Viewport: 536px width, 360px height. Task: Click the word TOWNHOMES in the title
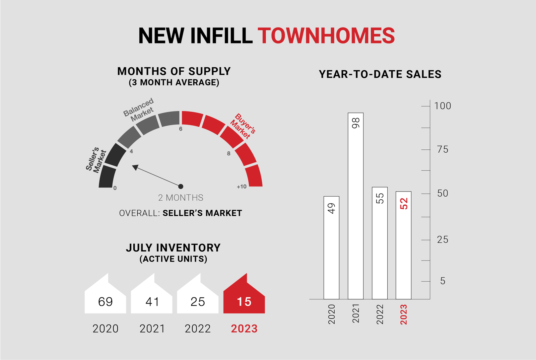click(326, 35)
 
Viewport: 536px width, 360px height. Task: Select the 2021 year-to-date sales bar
click(355, 206)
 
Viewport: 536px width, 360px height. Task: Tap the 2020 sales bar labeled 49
click(331, 248)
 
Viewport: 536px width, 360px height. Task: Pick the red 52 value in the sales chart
click(404, 204)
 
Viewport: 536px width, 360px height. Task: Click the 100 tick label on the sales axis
click(443, 106)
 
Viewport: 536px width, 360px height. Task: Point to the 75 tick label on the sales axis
click(443, 149)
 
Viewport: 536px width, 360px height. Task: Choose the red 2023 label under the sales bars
click(404, 314)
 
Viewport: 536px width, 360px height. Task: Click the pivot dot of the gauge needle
click(181, 186)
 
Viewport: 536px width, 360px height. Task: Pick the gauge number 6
click(181, 129)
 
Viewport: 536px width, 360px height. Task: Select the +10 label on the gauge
click(242, 187)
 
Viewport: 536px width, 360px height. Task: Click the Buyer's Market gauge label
click(243, 126)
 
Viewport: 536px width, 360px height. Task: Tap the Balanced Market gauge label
click(139, 110)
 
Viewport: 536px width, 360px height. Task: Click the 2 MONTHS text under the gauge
click(181, 198)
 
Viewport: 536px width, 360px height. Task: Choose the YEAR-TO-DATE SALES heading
click(380, 74)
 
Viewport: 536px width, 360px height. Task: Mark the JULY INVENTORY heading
click(173, 248)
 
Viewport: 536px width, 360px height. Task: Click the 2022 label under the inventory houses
click(198, 329)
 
